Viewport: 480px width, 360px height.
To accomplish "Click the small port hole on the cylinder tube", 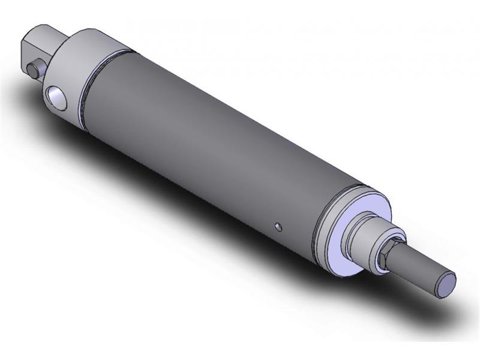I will [278, 226].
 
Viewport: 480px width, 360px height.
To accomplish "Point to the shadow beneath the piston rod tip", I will [456, 312].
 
